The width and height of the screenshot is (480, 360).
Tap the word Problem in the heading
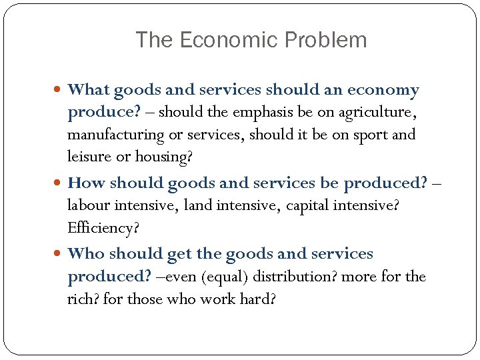pos(324,40)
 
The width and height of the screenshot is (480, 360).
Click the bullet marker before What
pos(61,90)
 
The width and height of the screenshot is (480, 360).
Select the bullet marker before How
pos(61,183)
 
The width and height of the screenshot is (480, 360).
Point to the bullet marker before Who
pos(61,254)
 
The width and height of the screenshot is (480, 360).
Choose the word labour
pos(90,205)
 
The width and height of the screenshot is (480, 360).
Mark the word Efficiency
pos(103,228)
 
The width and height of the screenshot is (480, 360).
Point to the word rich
pos(83,299)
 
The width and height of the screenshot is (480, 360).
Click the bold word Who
pos(86,254)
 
